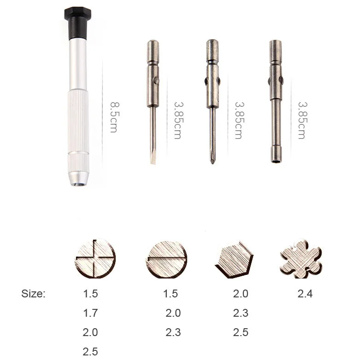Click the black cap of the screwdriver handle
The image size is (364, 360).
(x=78, y=23)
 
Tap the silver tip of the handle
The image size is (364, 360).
(x=79, y=178)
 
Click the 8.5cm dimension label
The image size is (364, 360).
(x=114, y=117)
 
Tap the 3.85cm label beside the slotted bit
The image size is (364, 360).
(x=178, y=121)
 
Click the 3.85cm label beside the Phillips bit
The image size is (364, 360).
(x=239, y=121)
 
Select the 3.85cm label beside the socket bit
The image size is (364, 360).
(x=302, y=121)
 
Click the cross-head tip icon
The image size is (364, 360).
(x=95, y=258)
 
